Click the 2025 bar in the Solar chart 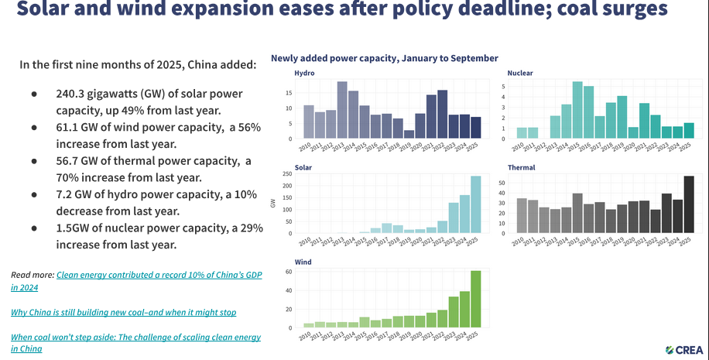click(x=475, y=204)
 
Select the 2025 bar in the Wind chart click(x=475, y=299)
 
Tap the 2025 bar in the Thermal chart click(x=689, y=204)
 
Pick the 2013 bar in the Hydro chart click(x=342, y=110)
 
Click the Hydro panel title click(x=305, y=73)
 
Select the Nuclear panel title click(x=520, y=73)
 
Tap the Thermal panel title click(x=522, y=167)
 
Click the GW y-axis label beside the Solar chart click(x=273, y=204)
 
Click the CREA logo click(x=683, y=349)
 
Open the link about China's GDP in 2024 click(x=132, y=275)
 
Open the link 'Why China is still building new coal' click(x=124, y=312)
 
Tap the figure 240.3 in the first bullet click(x=70, y=93)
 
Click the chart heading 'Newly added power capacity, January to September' click(x=384, y=58)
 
